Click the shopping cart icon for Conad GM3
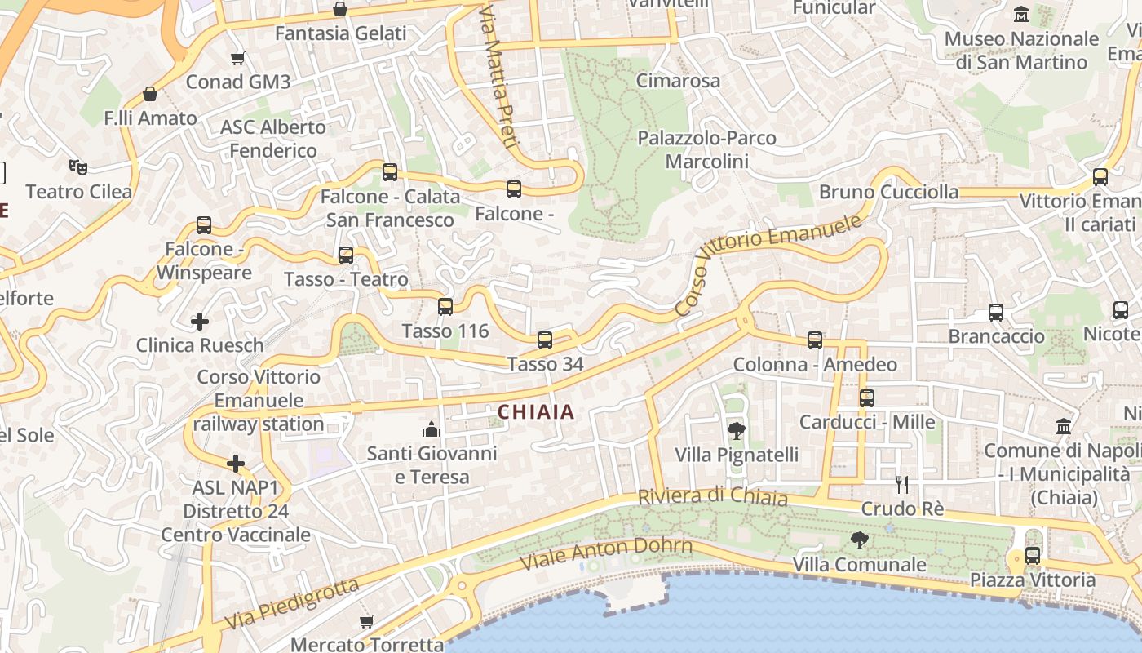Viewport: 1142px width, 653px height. point(237,58)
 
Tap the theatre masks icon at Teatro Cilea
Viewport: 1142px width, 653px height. point(78,167)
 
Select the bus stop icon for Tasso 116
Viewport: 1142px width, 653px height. point(445,307)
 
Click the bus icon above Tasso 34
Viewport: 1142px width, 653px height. point(545,340)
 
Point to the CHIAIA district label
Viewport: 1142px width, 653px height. point(536,412)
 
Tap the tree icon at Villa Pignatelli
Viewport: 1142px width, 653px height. point(737,430)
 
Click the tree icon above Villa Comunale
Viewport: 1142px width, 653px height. point(859,540)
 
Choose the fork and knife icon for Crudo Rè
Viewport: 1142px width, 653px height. point(902,485)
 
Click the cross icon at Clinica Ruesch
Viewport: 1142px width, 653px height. point(200,322)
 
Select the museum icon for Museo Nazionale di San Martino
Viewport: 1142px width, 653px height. point(1020,15)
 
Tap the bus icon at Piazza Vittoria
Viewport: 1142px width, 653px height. point(1033,556)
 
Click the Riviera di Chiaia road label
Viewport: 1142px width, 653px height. point(712,497)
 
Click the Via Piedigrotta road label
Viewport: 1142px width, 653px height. point(291,603)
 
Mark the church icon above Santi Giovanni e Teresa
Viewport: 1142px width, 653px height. point(431,429)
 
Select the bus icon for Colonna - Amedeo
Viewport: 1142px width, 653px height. point(815,340)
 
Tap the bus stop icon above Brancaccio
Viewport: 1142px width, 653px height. point(996,312)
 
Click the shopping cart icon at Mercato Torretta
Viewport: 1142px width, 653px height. point(367,621)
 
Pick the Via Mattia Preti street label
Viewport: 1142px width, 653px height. point(499,78)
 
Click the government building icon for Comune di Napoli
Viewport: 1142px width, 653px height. point(1064,426)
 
